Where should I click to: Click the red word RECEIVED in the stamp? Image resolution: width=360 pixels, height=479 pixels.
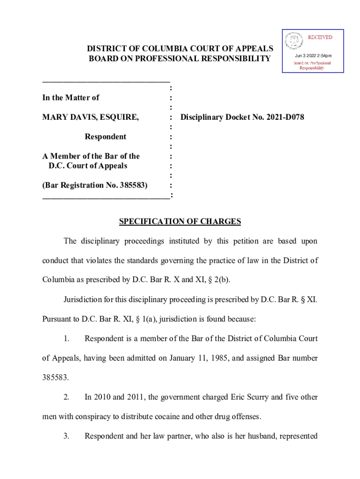coord(319,37)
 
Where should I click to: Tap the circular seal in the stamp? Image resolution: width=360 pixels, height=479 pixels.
coord(294,41)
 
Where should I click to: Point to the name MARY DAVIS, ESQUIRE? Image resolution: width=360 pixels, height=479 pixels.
coord(90,117)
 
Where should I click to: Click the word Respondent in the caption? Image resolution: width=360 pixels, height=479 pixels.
coord(105,137)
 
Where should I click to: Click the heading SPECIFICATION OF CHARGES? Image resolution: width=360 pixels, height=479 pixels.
coord(180,222)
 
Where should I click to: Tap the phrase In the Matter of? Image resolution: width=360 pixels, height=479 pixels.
coord(71,98)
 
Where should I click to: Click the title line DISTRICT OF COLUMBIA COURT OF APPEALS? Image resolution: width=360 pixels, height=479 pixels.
coord(180,49)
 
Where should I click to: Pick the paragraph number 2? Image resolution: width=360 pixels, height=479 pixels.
coord(66,397)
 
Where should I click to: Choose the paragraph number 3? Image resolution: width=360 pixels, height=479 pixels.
coord(66,436)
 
